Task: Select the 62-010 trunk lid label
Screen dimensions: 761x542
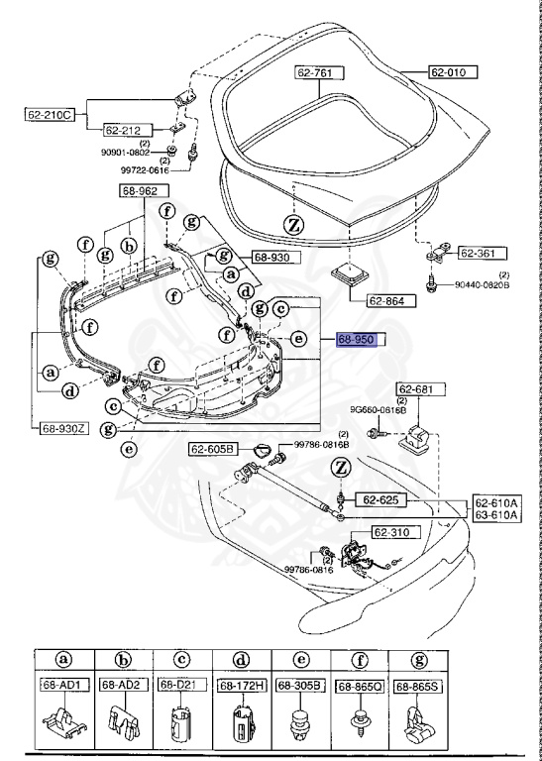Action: click(x=453, y=72)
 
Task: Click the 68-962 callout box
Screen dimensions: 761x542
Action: click(x=146, y=190)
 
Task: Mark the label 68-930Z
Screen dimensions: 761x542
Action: click(x=64, y=429)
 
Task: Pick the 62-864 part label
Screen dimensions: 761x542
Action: click(x=363, y=301)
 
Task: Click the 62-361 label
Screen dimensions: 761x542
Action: click(x=482, y=253)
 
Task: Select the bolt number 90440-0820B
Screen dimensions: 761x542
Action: click(x=482, y=284)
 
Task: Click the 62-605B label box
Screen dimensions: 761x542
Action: click(x=214, y=449)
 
